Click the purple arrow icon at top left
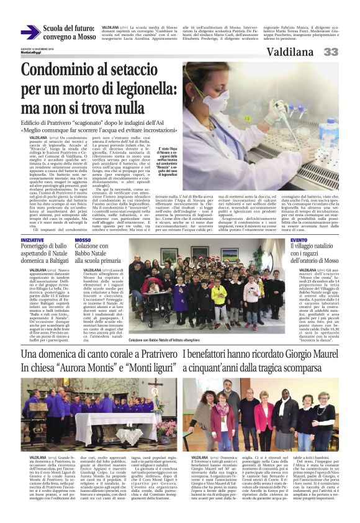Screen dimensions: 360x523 pos(30,32)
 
